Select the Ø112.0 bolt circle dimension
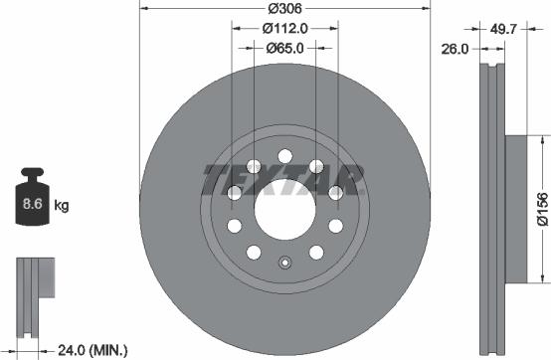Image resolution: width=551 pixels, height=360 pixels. click(285, 29)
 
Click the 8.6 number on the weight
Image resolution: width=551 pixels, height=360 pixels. click(30, 207)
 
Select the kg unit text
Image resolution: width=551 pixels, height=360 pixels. click(61, 207)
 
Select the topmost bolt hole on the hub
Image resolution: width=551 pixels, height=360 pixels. click(284, 155)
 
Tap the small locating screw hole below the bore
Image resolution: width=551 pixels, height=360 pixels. click(284, 264)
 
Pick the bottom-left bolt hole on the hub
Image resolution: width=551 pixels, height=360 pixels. click(254, 251)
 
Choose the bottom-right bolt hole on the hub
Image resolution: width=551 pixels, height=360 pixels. click(316, 251)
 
